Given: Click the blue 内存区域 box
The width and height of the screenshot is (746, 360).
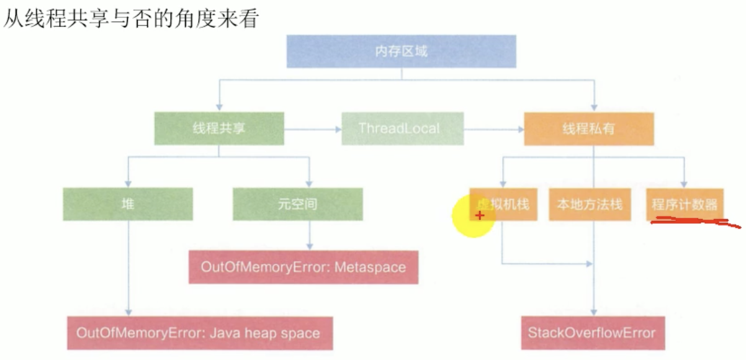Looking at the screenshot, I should pos(401,51).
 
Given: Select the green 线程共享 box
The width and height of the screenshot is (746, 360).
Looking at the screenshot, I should pos(219,128).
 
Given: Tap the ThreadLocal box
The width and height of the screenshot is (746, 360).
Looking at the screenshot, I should pos(402,128).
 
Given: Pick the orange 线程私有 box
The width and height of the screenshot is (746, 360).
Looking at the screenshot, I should pos(589,128).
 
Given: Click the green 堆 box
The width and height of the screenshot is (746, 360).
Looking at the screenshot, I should pos(128,204).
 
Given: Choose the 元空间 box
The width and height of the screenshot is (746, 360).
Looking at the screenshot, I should pos(298,204).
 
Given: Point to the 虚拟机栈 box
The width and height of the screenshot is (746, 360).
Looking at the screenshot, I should pos(503,204).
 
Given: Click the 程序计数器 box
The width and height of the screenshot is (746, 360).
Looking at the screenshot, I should pos(685,204).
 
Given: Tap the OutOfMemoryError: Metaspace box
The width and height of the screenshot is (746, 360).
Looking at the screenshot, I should pos(303,268).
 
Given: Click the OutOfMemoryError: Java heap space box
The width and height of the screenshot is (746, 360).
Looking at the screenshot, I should pos(199,333).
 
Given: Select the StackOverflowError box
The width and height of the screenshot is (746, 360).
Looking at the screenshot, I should pos(592,333).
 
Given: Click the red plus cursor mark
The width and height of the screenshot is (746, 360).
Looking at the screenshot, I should pos(479,215).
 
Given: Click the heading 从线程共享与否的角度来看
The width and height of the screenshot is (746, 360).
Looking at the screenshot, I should pos(130,19).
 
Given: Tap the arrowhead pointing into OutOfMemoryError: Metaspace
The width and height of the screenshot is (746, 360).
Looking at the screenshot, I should pos(310,246).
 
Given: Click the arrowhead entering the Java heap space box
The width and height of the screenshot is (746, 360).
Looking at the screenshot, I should pos(128,312).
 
